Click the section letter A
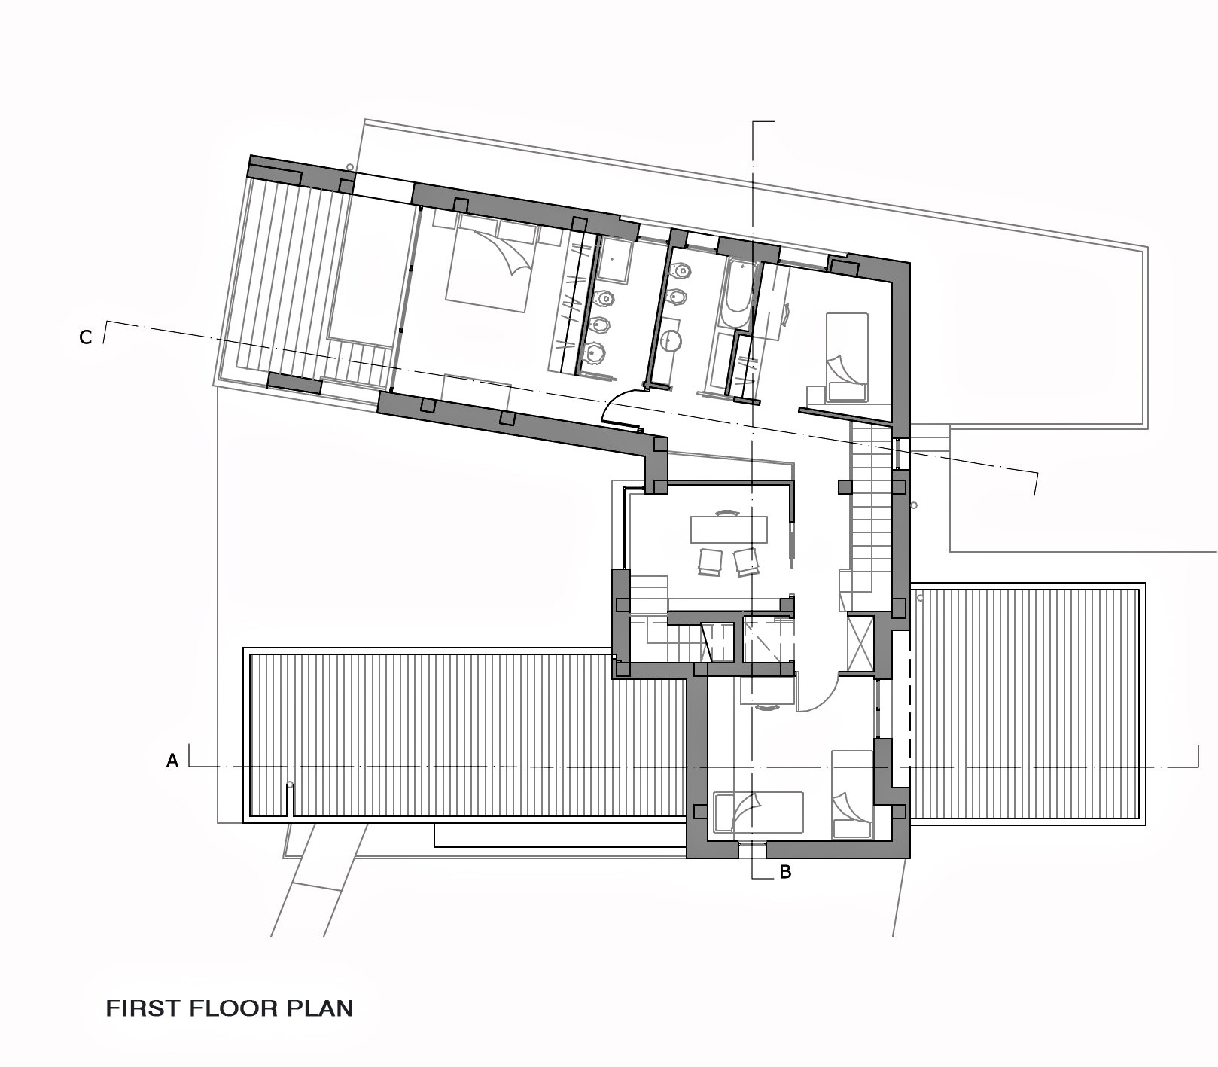(172, 761)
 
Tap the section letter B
(785, 873)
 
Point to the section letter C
(86, 337)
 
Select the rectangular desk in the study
(729, 529)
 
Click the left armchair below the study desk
(711, 562)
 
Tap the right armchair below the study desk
(746, 562)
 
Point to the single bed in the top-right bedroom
(847, 357)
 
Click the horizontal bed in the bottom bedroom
(758, 812)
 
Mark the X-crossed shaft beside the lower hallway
(860, 642)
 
